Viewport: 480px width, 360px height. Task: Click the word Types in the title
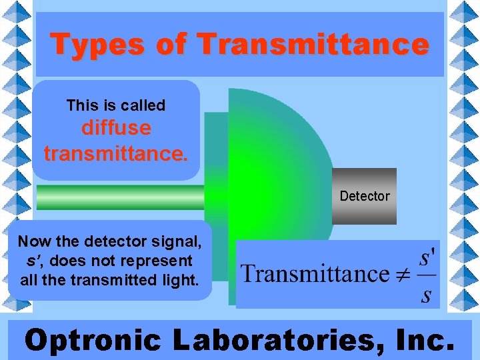[96, 45]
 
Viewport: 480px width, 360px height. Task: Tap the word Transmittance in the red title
[313, 45]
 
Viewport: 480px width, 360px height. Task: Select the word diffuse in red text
[116, 127]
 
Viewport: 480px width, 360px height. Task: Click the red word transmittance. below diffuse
[116, 154]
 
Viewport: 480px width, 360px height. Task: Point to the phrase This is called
[116, 105]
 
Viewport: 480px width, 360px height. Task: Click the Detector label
[364, 196]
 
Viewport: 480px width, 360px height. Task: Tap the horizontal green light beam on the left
[120, 197]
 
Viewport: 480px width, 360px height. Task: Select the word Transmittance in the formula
[315, 274]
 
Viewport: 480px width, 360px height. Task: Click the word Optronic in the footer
[93, 340]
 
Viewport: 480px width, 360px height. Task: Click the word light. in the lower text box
[180, 280]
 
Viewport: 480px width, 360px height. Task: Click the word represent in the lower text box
[158, 261]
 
